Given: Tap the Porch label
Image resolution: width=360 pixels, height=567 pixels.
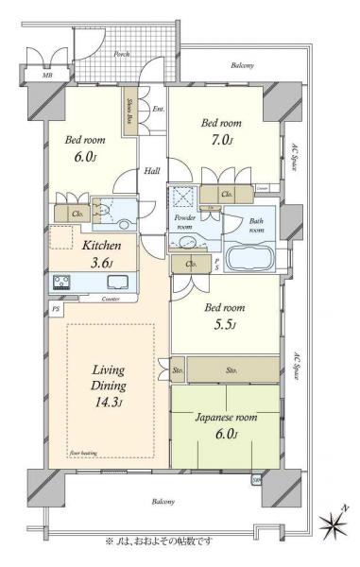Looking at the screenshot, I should pyautogui.click(x=122, y=54).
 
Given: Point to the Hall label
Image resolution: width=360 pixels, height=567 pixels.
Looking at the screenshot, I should pyautogui.click(x=151, y=171).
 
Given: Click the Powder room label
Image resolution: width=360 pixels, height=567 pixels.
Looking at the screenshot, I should pyautogui.click(x=183, y=222).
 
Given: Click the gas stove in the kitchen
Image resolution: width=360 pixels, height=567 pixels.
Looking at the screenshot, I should pyautogui.click(x=61, y=282).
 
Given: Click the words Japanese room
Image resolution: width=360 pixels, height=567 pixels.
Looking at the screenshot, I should pyautogui.click(x=225, y=419).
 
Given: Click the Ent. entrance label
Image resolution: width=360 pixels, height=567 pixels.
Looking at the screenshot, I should pyautogui.click(x=158, y=111).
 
